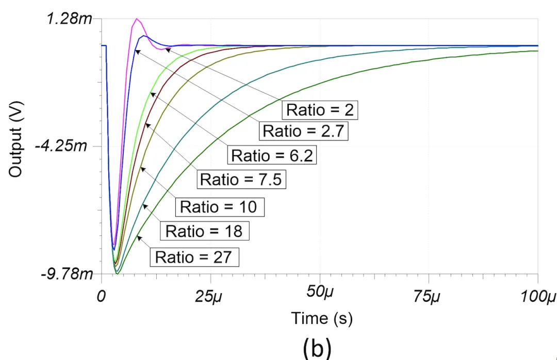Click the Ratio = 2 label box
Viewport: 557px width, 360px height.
320,110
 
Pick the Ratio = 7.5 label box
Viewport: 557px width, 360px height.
241,179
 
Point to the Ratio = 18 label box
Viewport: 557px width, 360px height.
205,231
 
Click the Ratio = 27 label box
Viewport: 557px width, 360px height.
194,257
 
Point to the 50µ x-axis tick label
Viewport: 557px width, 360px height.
320,294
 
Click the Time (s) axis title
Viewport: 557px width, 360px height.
321,318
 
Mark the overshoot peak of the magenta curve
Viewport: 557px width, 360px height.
137,19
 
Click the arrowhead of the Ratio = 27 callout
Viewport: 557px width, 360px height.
138,237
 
